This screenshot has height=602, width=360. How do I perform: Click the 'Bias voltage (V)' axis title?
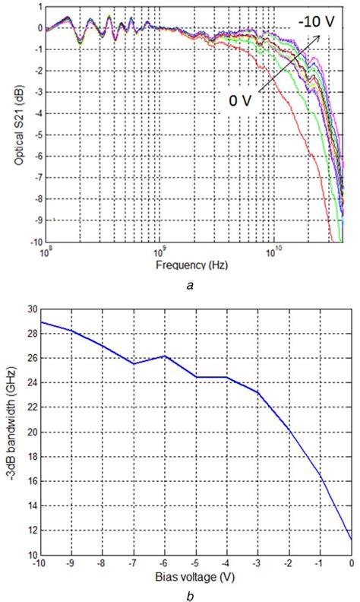pos(196,577)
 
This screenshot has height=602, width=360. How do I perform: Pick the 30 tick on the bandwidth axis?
pos(31,309)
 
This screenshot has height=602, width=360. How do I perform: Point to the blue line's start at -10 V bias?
pos(41,322)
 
